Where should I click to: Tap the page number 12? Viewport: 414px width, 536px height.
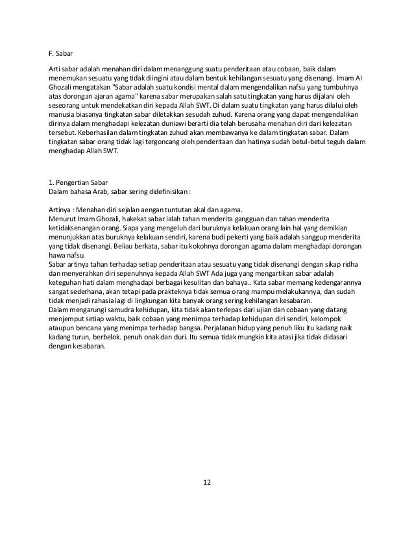click(207, 482)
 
